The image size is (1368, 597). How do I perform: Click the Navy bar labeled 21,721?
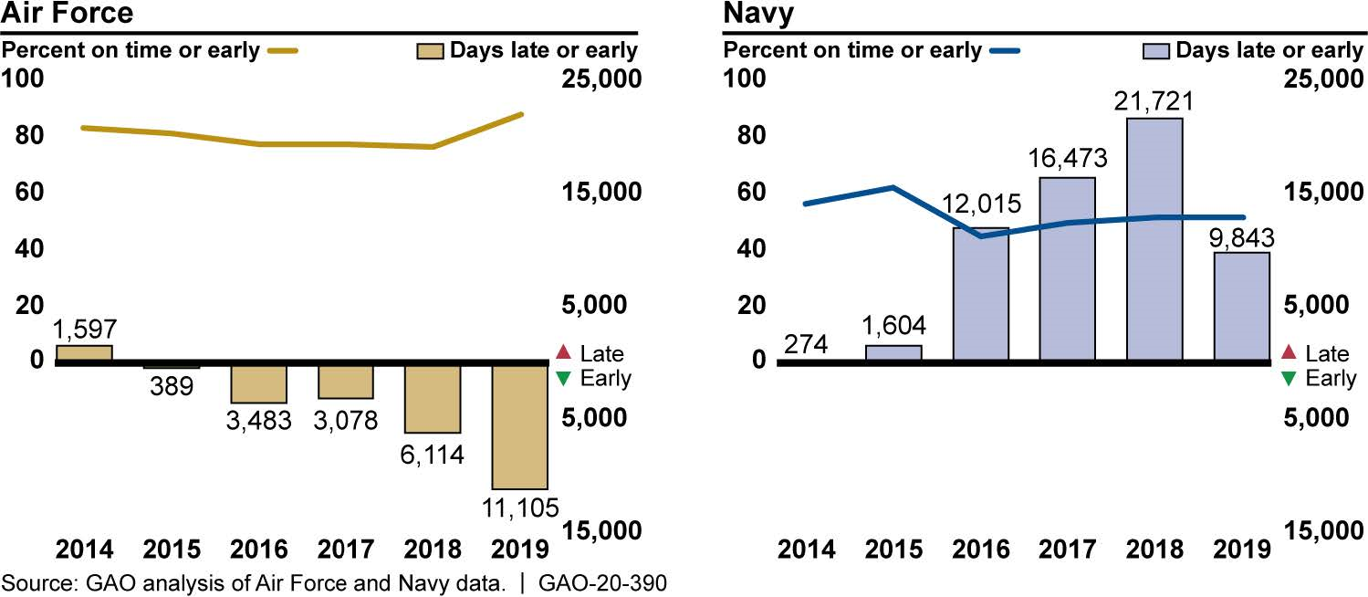(1154, 239)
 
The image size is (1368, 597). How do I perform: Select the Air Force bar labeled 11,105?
(519, 426)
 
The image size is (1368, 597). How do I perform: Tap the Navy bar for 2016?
(981, 294)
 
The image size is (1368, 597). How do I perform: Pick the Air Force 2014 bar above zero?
(84, 353)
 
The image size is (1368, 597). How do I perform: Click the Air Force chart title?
(68, 14)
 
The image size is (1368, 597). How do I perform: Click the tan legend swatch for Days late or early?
(427, 50)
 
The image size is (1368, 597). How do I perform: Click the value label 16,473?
(1067, 158)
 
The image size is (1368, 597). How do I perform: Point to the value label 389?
(171, 386)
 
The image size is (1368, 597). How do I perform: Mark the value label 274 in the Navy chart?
(805, 345)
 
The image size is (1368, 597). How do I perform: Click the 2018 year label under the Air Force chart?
(433, 550)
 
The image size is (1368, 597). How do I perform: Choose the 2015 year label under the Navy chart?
(893, 550)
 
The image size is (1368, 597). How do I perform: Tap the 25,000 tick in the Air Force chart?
(599, 79)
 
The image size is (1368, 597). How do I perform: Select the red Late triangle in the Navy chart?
(1288, 352)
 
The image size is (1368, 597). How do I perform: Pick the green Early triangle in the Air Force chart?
(562, 378)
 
